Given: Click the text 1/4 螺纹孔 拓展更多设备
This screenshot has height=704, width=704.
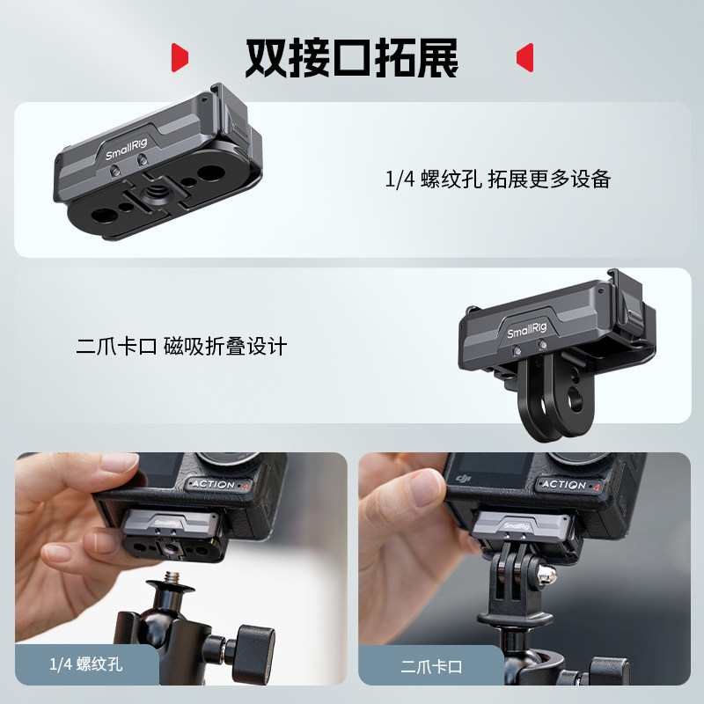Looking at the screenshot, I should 498,180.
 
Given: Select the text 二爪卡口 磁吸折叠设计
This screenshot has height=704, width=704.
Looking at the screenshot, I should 181,347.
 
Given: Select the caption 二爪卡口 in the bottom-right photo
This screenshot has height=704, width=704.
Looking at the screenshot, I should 431,666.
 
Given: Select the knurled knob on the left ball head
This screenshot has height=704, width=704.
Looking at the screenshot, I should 260,644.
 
